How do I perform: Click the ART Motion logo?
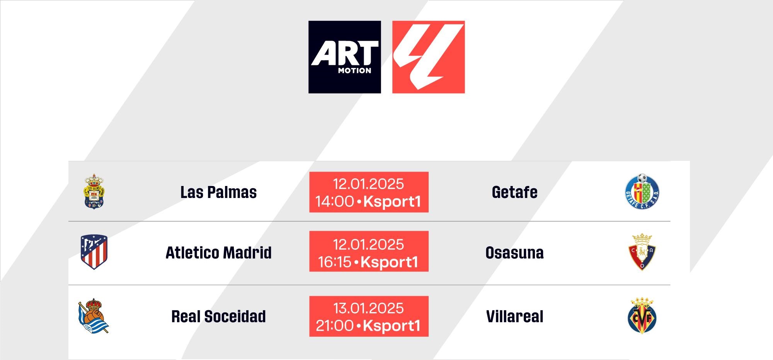(345, 57)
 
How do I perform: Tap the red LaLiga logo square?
(429, 57)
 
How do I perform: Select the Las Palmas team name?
(218, 192)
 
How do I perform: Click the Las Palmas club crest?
(94, 191)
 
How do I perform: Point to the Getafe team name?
(514, 192)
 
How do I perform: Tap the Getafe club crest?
(642, 191)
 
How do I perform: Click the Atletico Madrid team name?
(218, 253)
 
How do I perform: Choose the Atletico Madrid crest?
(94, 252)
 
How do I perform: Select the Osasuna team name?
(514, 253)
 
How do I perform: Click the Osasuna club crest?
(642, 252)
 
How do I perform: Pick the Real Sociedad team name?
(218, 317)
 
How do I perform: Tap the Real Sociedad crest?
(94, 316)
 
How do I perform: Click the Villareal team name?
(514, 317)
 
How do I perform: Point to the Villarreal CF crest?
(642, 316)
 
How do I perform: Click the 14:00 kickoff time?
(335, 201)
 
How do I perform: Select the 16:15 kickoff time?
(335, 262)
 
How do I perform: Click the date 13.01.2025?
(368, 308)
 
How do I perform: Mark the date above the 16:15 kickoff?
(368, 244)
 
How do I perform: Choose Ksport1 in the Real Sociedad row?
(392, 326)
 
